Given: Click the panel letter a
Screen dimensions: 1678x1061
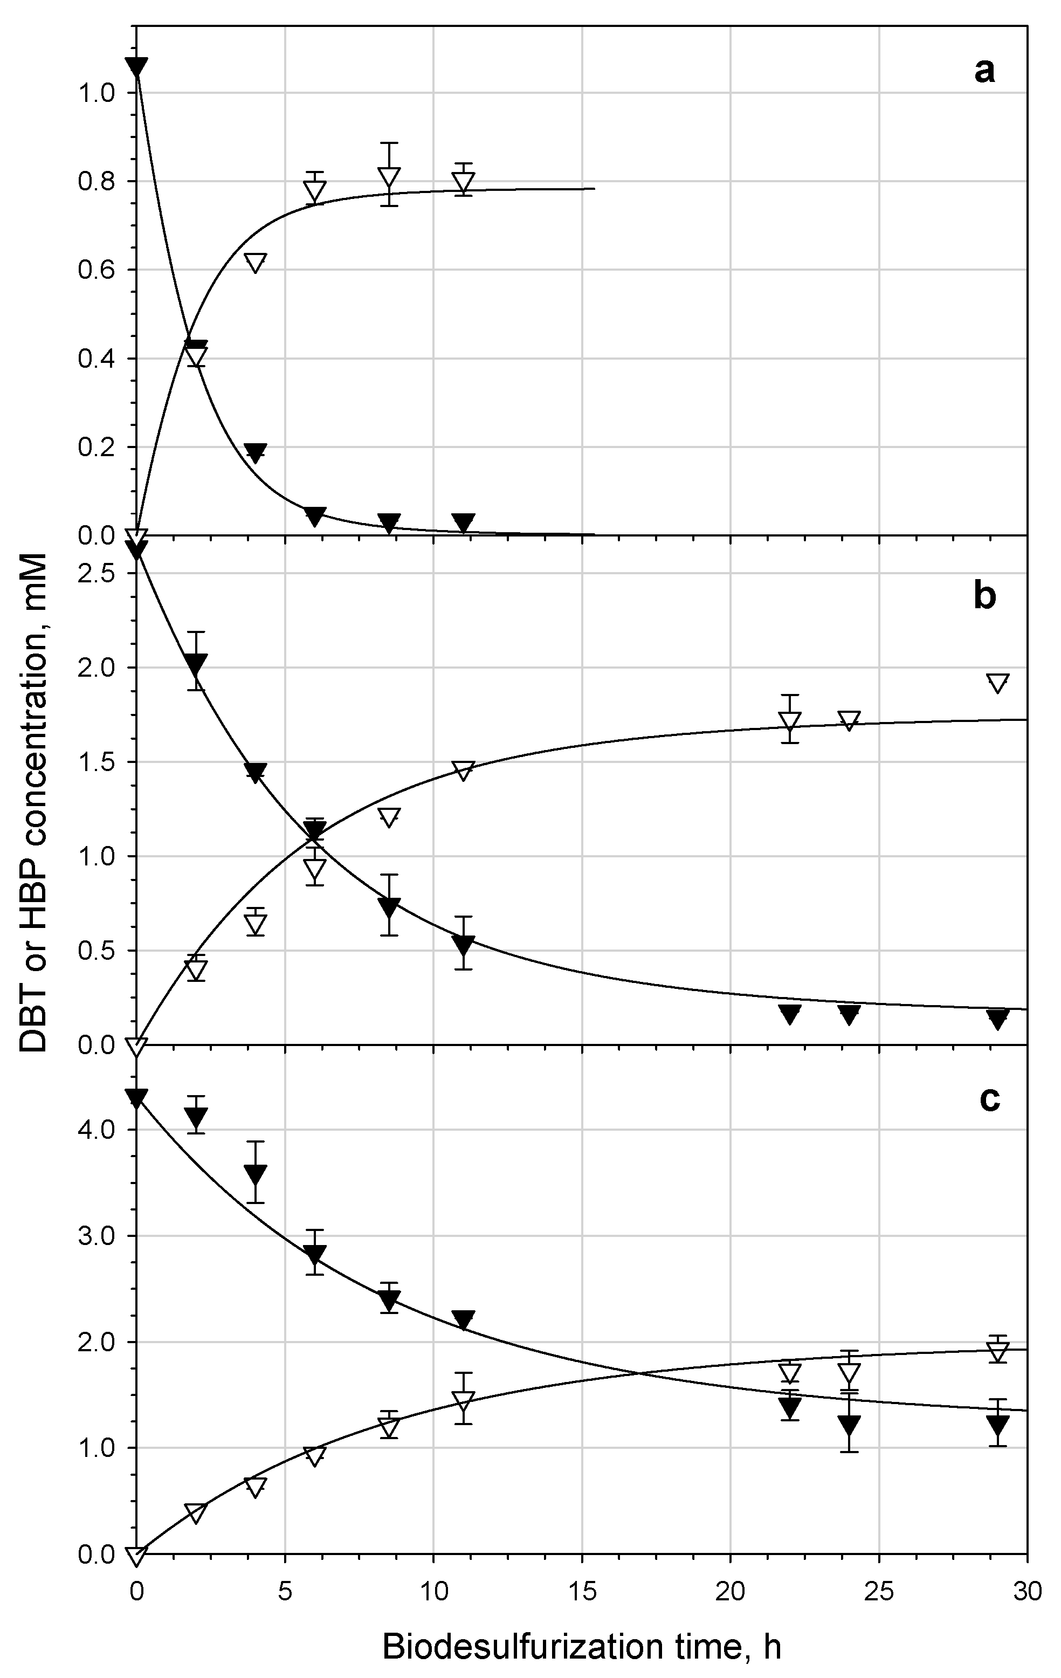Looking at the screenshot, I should click(984, 71).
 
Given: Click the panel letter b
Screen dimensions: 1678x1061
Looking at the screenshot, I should click(984, 597).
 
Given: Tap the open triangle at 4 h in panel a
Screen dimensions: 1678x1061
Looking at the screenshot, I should click(256, 263).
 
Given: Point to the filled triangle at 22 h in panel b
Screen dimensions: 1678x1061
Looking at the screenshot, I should click(789, 1014).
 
